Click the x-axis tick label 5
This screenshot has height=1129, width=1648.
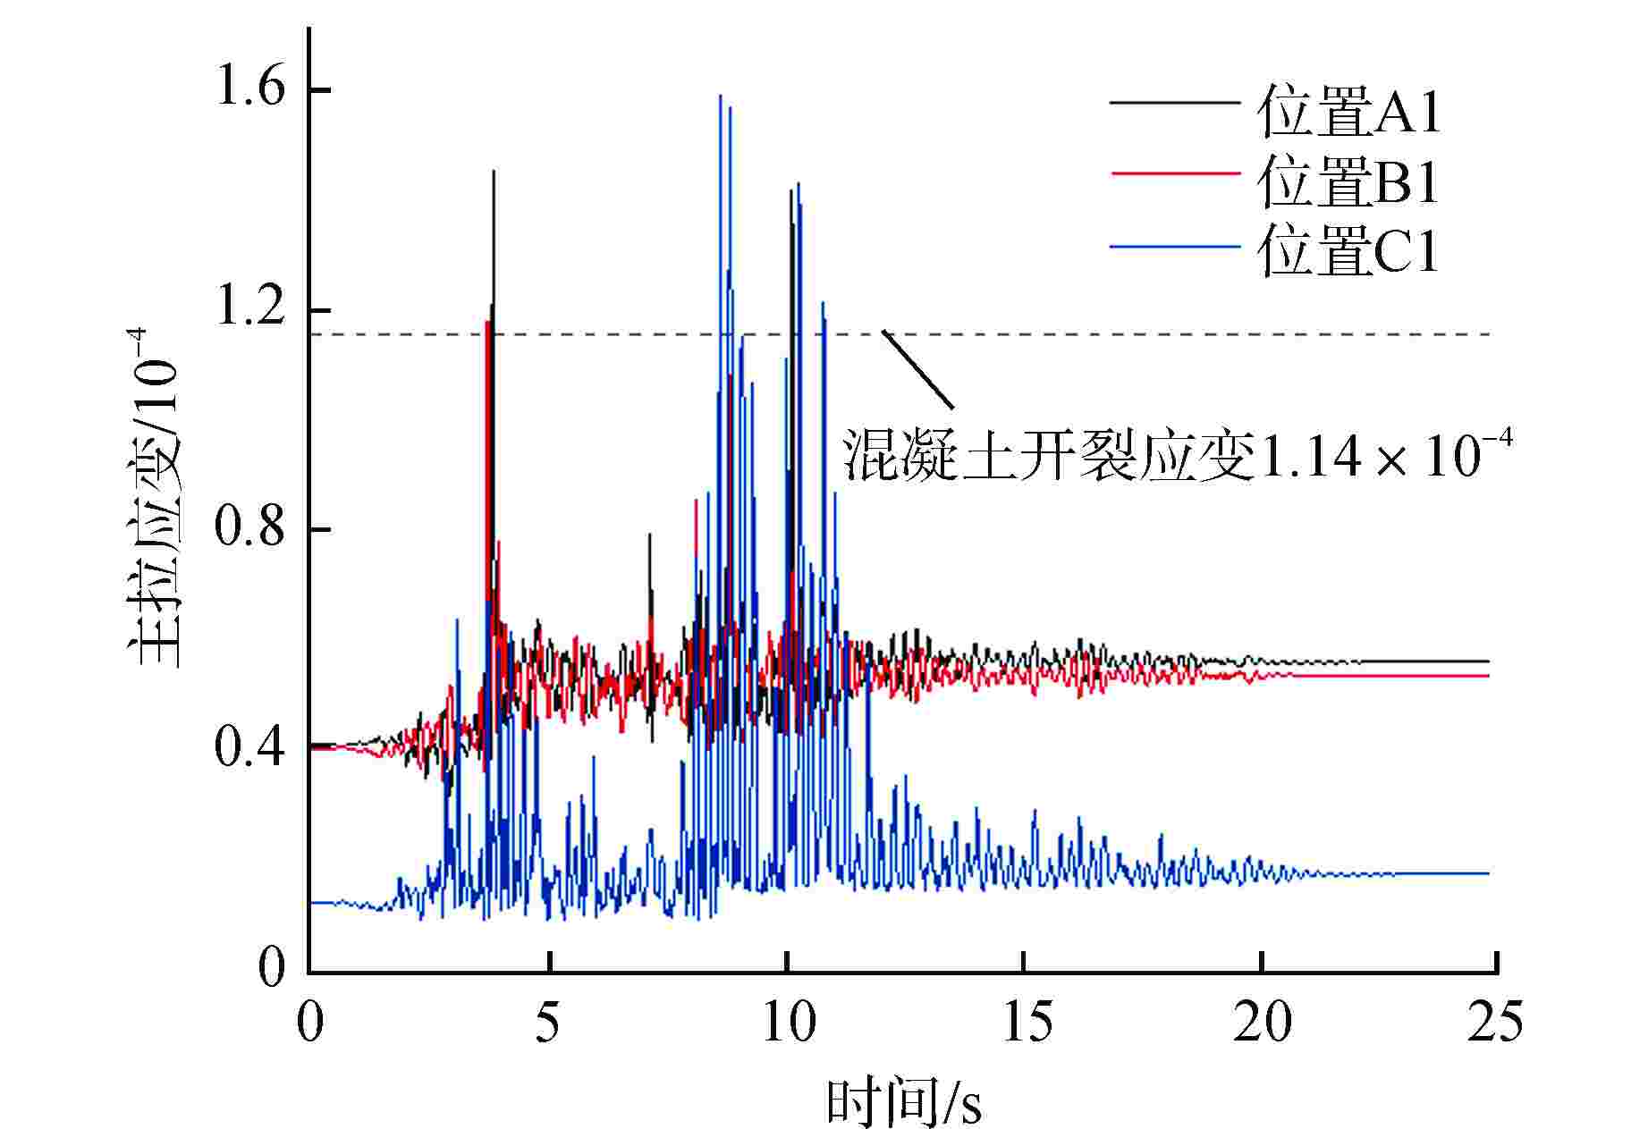coord(548,1022)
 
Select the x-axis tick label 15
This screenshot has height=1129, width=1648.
coord(1026,1022)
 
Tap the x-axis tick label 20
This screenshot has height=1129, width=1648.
coord(1262,1022)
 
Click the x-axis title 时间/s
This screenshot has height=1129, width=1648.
coord(903,1102)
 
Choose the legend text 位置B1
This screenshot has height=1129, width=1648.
coord(1349,182)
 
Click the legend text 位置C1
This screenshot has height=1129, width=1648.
coord(1349,251)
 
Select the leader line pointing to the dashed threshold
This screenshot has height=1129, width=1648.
coord(917,370)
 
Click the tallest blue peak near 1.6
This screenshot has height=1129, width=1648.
coord(720,97)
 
